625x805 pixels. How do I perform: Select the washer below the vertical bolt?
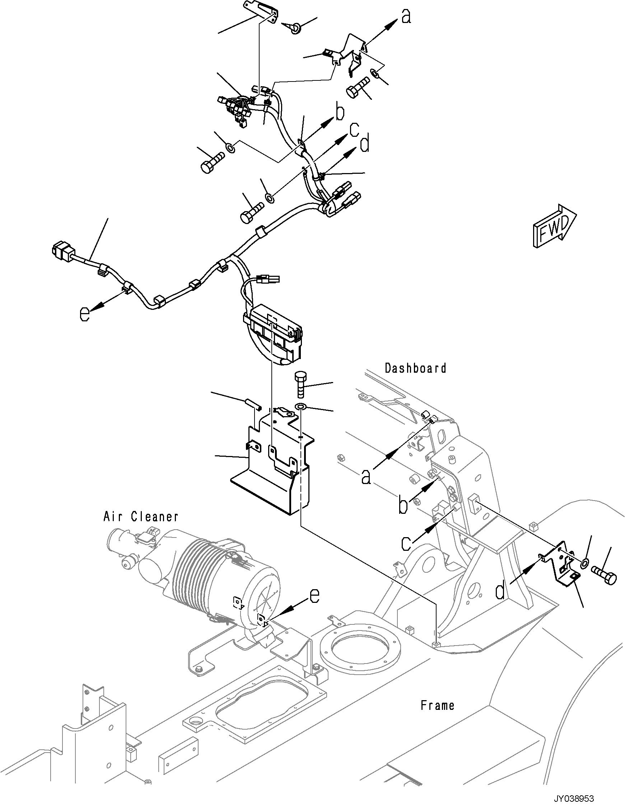[302, 406]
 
